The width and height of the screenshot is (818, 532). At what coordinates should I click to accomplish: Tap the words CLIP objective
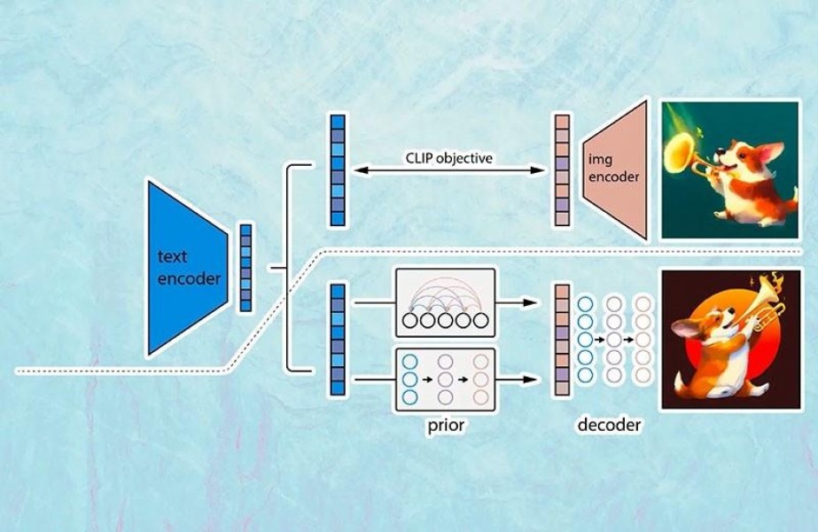point(451,159)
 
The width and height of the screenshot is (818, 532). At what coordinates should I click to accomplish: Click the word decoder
point(609,425)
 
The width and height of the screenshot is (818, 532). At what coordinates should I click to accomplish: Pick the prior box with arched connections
point(443,302)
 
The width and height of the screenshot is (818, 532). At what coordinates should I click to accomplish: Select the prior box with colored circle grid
point(443,379)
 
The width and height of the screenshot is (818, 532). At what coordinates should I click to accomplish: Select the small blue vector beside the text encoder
point(245,268)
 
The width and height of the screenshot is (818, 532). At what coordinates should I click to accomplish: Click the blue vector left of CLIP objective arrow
point(336,170)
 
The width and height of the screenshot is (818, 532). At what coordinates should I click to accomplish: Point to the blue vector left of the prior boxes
point(336,339)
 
